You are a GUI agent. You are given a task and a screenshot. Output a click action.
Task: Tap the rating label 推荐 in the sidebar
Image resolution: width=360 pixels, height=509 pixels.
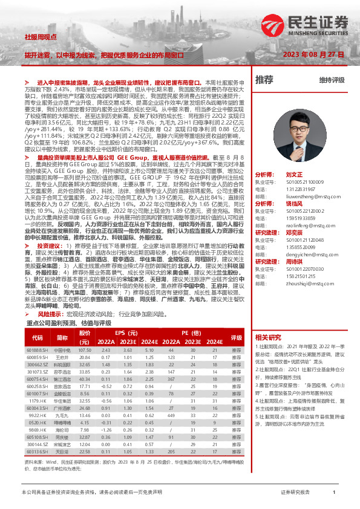pos(264,79)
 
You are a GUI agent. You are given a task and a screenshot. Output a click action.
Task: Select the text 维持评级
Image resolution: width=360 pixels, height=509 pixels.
pos(332,80)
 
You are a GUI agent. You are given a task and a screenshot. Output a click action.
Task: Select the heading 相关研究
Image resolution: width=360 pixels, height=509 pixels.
pos(268,337)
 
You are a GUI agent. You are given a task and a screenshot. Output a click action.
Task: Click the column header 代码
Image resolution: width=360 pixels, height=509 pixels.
pos(38,337)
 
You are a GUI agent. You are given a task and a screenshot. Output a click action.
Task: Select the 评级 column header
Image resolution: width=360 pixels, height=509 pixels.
pos(236,337)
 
